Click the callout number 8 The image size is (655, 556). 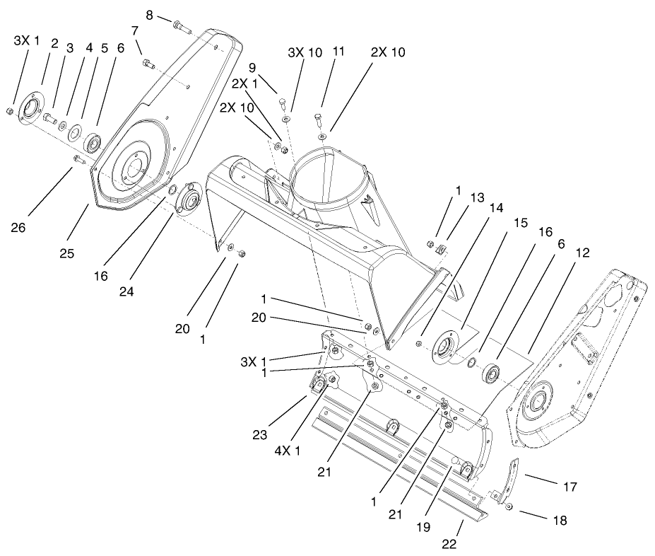[x=149, y=15]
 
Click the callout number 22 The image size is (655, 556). [x=449, y=544]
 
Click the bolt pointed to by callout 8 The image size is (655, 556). [x=182, y=28]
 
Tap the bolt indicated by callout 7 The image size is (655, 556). [x=148, y=64]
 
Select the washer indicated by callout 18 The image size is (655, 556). [x=509, y=508]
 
